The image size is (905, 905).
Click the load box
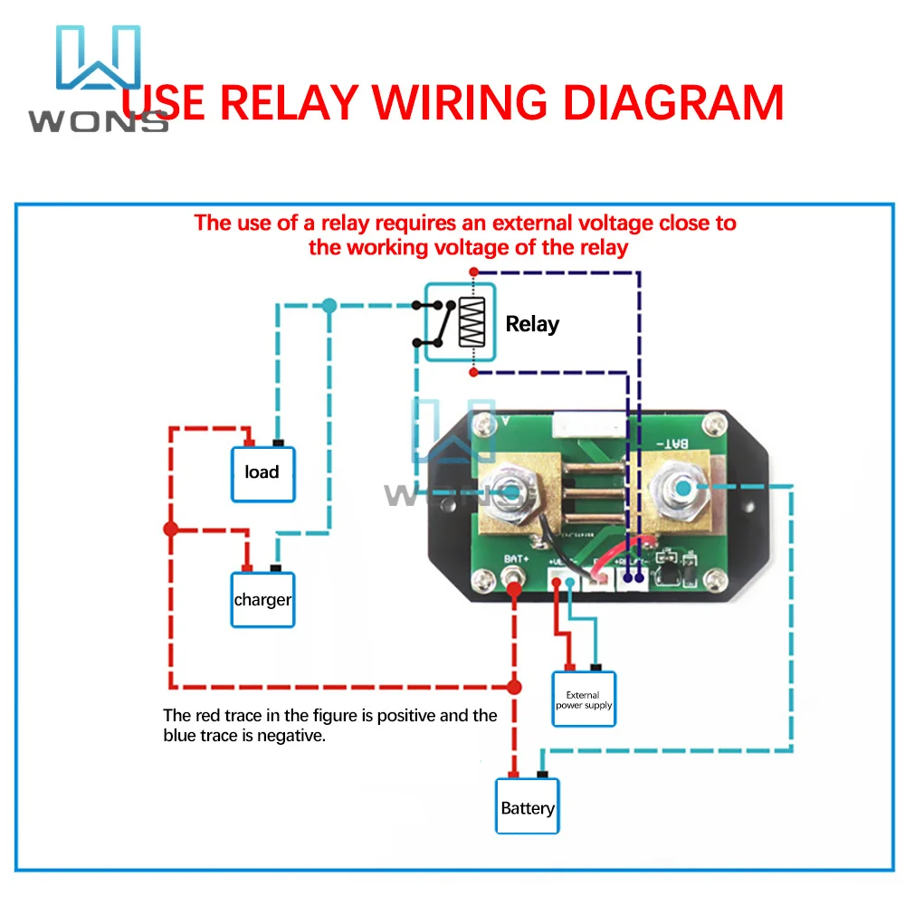(262, 473)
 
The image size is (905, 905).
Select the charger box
(262, 600)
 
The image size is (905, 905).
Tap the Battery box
(528, 806)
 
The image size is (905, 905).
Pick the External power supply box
(584, 700)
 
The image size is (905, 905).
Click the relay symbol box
(460, 321)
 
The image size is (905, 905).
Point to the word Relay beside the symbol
(532, 324)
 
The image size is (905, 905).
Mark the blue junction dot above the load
(329, 306)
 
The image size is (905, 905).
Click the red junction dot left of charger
(170, 529)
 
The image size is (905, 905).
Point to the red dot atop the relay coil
(472, 271)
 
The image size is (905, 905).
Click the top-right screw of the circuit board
(718, 421)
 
